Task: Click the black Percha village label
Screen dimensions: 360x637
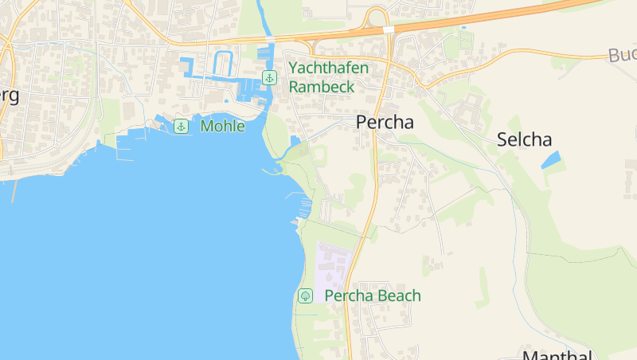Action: coord(385,123)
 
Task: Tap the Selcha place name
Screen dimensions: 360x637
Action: coord(524,139)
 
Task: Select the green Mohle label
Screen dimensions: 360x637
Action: coord(223,126)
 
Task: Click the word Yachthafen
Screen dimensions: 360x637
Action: coord(329,68)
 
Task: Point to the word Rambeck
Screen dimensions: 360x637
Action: coord(322,87)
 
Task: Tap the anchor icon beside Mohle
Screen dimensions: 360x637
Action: coord(182,126)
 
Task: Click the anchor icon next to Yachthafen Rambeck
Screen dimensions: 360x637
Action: coord(270,77)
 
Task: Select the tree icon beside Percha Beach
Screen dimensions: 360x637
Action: coord(305,296)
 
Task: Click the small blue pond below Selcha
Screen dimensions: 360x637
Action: coord(550,159)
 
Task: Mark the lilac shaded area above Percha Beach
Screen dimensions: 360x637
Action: coord(331,268)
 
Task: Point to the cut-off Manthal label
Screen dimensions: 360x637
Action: coord(557,355)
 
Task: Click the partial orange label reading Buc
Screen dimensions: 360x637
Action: coord(622,55)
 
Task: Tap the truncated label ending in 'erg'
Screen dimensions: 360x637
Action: coord(10,96)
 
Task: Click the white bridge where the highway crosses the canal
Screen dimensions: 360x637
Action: coord(269,38)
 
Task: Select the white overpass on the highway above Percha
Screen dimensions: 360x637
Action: coord(389,29)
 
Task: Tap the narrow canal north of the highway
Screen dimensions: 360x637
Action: coord(260,16)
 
